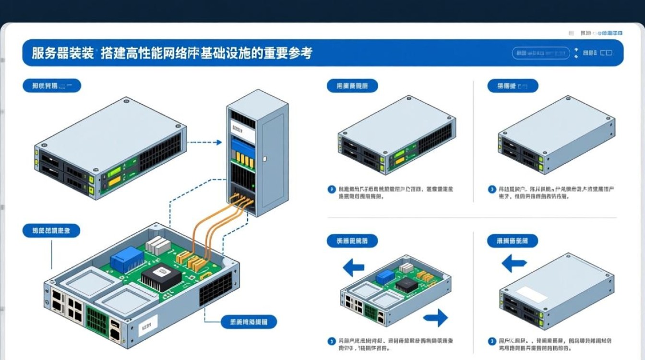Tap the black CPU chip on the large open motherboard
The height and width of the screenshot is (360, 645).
[x=161, y=278]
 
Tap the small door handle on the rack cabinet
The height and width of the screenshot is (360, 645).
[x=263, y=157]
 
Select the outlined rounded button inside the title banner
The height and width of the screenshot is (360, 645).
[x=541, y=53]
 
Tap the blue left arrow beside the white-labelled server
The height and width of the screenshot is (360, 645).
[x=514, y=263]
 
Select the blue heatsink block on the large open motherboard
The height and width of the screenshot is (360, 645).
[x=127, y=261]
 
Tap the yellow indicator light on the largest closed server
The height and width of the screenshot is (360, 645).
[x=114, y=181]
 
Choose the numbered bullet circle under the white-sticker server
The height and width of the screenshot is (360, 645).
[x=492, y=341]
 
